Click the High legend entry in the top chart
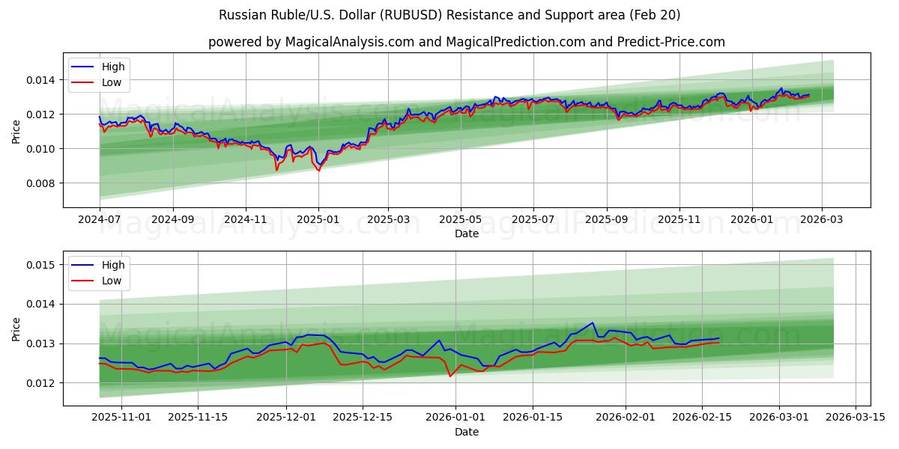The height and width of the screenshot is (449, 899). (113, 67)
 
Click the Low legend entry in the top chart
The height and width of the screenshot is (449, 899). (111, 83)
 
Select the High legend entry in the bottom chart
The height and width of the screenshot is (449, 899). (113, 265)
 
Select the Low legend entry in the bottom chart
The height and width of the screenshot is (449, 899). (111, 281)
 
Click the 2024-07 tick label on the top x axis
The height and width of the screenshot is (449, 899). (100, 220)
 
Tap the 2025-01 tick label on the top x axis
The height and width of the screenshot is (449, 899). (318, 220)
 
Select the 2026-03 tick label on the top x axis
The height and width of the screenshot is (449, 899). (822, 220)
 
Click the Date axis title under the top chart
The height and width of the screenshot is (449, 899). (466, 233)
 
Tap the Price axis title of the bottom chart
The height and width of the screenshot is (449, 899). (16, 329)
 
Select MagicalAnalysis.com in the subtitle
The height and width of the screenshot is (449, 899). (349, 42)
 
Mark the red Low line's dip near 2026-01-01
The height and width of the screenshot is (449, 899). (450, 376)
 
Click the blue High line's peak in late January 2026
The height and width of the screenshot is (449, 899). (593, 323)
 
